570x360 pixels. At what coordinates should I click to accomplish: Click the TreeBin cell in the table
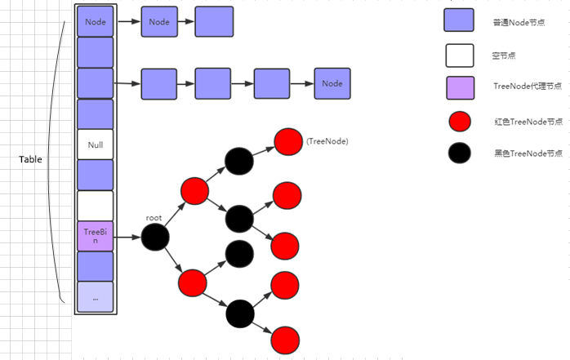coord(96,236)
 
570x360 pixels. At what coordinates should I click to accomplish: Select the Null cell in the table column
coord(96,144)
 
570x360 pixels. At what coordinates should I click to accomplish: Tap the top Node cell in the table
coord(96,22)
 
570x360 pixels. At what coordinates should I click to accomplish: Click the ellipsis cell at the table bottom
coord(96,297)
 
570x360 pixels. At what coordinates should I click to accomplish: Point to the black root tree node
coord(155,238)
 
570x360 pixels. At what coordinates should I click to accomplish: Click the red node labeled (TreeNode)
coord(288,141)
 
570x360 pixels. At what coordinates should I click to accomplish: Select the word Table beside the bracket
coord(30,159)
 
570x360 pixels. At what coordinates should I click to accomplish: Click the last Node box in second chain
coord(332,83)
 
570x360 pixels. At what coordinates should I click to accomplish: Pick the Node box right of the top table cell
coord(159,22)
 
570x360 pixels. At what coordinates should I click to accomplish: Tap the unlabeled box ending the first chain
coord(213,22)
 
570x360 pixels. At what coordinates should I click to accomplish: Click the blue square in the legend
coord(460,21)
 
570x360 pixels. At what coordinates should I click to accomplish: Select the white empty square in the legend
coord(460,56)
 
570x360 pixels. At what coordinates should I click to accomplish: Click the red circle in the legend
coord(460,122)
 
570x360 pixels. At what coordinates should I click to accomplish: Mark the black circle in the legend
coord(460,153)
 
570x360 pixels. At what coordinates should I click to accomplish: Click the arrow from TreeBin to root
coord(127,238)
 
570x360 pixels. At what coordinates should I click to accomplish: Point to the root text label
coord(154,218)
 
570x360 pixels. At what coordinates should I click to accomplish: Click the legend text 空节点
coord(506,56)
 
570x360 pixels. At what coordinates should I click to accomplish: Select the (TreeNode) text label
coord(327,141)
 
